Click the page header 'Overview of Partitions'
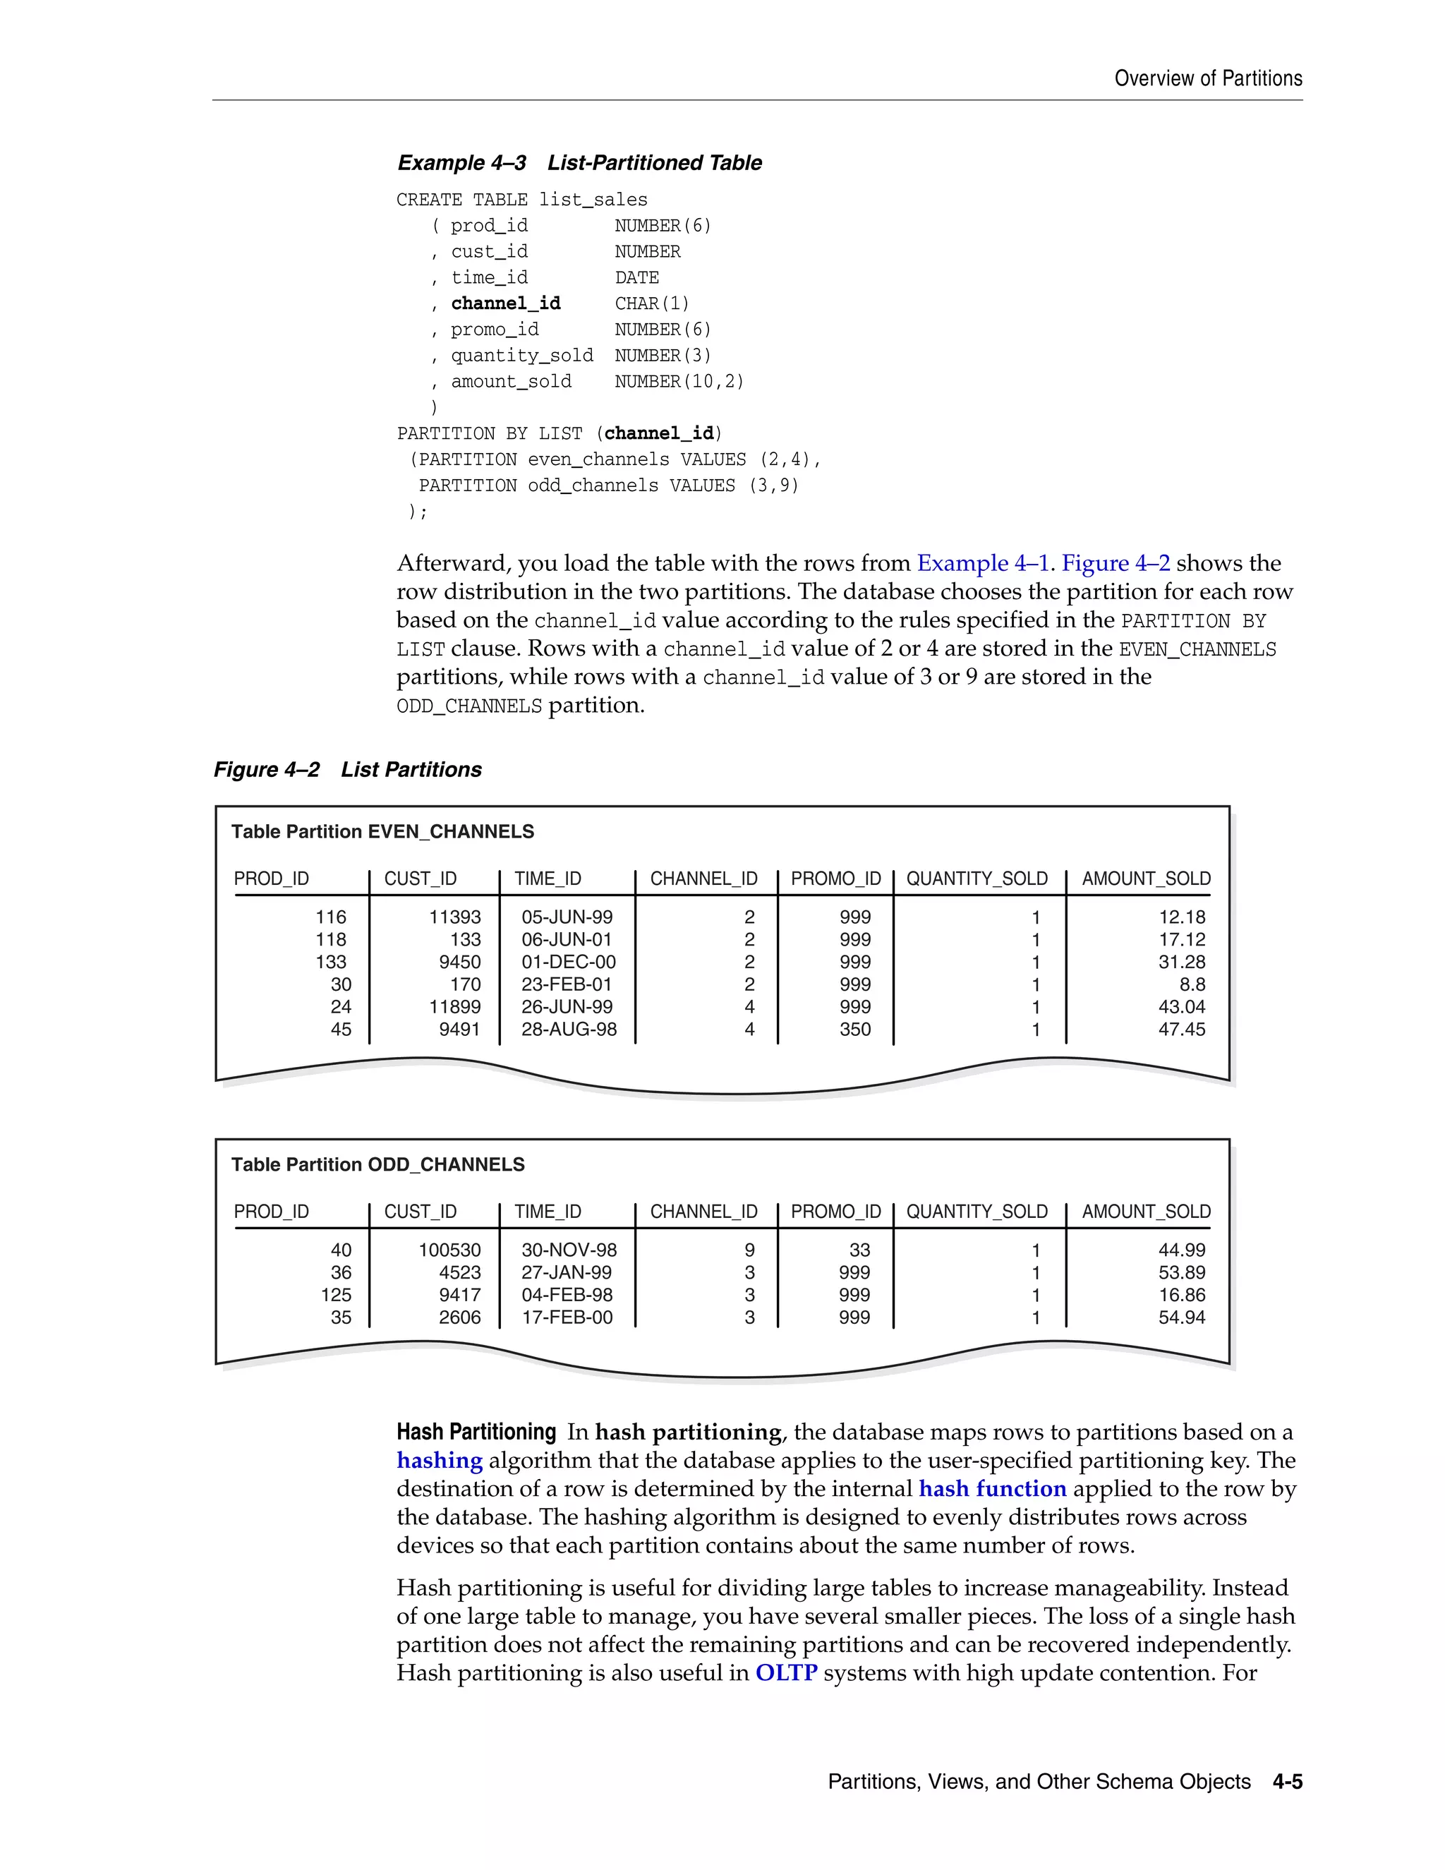1207,79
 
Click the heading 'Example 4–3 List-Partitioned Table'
579,163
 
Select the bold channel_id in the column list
505,303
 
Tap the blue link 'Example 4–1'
983,563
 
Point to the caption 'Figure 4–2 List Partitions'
348,770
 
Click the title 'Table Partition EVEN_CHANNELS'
382,831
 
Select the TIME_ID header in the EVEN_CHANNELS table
547,879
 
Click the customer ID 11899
454,1007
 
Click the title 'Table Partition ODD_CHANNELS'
377,1164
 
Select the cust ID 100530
449,1250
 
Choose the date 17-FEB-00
567,1317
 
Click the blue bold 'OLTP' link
785,1673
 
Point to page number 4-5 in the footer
1287,1782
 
